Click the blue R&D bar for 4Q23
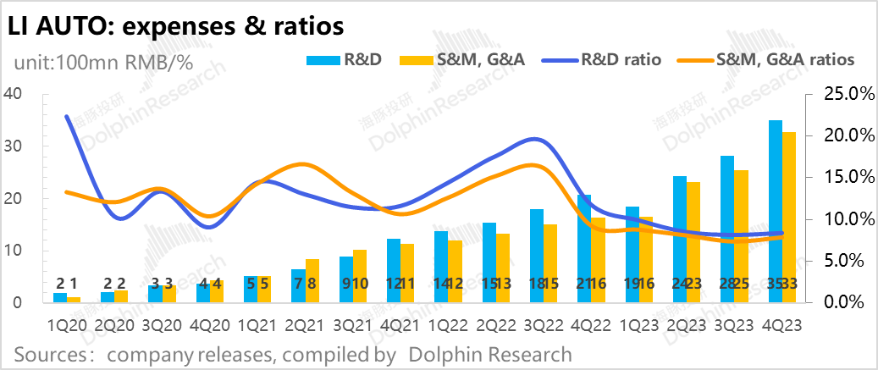point(775,212)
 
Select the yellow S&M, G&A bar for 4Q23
point(788,218)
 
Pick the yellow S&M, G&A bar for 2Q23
point(693,242)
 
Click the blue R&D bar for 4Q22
point(584,249)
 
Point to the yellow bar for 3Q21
point(360,276)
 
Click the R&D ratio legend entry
point(596,60)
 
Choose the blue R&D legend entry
point(335,60)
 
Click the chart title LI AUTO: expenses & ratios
point(175,25)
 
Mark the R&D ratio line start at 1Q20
point(66,117)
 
